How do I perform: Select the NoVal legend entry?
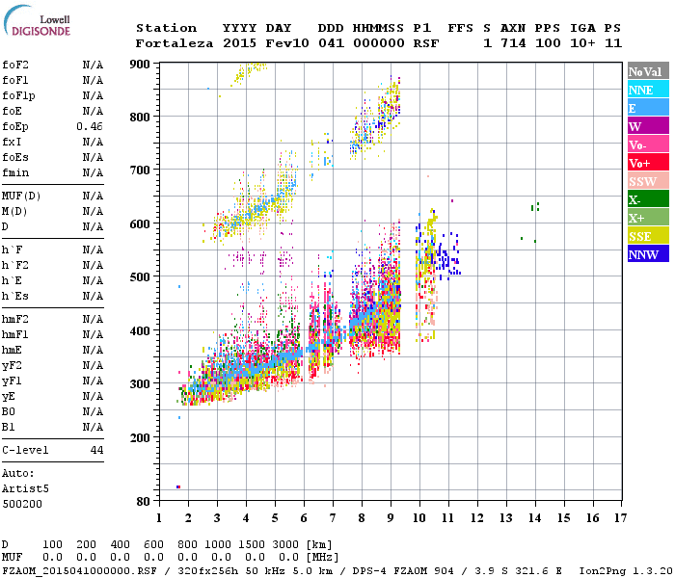coord(647,71)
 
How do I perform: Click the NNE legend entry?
coord(647,90)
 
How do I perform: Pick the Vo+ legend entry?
coord(647,163)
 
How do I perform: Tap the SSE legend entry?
coord(647,236)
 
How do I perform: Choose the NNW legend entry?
coord(647,254)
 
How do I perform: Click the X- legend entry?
coord(647,199)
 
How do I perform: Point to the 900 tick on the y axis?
coord(142,65)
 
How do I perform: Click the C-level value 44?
coord(96,450)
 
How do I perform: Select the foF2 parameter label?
coord(15,65)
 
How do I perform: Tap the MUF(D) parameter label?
coord(20,196)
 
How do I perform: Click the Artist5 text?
coord(20,488)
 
